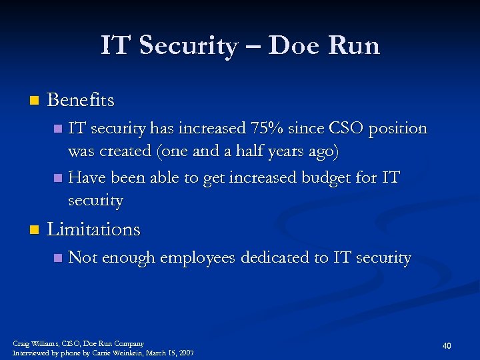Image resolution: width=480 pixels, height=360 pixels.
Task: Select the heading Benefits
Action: click(81, 101)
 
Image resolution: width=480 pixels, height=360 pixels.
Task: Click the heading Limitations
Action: click(93, 229)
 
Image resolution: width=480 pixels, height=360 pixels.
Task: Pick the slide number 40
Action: click(447, 345)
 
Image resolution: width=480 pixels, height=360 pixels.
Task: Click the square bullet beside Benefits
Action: click(34, 101)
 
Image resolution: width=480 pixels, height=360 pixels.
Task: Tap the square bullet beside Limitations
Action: click(34, 230)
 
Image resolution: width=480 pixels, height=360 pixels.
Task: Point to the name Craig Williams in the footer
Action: click(35, 343)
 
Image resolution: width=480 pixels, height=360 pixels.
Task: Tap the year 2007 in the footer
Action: click(185, 353)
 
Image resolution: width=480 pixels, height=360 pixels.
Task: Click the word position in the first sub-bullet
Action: click(398, 128)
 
